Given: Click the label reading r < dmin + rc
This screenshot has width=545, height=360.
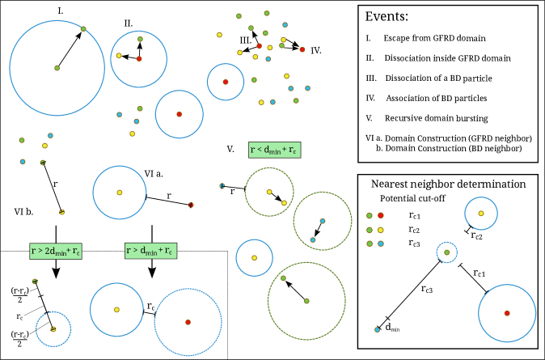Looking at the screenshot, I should coord(275,150).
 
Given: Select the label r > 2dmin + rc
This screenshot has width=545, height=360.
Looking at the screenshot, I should coord(56,251).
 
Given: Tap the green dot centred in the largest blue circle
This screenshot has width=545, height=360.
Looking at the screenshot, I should coord(57,68).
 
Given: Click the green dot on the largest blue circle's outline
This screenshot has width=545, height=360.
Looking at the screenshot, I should coord(83,29).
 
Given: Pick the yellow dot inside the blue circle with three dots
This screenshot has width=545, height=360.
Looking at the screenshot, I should coord(119,56).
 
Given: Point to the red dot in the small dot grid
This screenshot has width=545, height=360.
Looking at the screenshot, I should coord(381,215).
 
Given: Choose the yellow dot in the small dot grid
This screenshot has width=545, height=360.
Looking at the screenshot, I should coord(381,230).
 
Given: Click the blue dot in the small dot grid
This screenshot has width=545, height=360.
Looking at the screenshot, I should coord(381,244).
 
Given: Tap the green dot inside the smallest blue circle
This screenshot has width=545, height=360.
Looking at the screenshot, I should coord(446,252).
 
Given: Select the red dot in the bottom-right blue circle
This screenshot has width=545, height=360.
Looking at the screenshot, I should coord(507,313).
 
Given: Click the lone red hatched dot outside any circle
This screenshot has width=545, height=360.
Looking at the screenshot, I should coord(191,205).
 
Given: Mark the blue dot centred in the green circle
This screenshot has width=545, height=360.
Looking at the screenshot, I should coord(322,221).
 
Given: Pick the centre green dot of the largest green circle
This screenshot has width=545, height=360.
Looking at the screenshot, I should coord(306,301).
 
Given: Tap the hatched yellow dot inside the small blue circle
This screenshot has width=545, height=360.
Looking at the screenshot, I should coord(53,329).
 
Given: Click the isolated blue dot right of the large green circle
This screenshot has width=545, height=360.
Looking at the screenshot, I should coord(377,329).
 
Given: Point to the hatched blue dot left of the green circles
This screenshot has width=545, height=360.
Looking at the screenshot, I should coord(222,185).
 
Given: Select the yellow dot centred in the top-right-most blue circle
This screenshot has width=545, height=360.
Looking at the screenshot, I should coord(481,214).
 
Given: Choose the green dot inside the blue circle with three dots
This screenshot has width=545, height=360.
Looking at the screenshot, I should coord(140,39).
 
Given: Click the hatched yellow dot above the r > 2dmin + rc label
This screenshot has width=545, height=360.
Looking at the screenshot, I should coord(61,212).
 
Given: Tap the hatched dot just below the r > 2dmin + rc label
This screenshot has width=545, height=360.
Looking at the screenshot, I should coord(35,282).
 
